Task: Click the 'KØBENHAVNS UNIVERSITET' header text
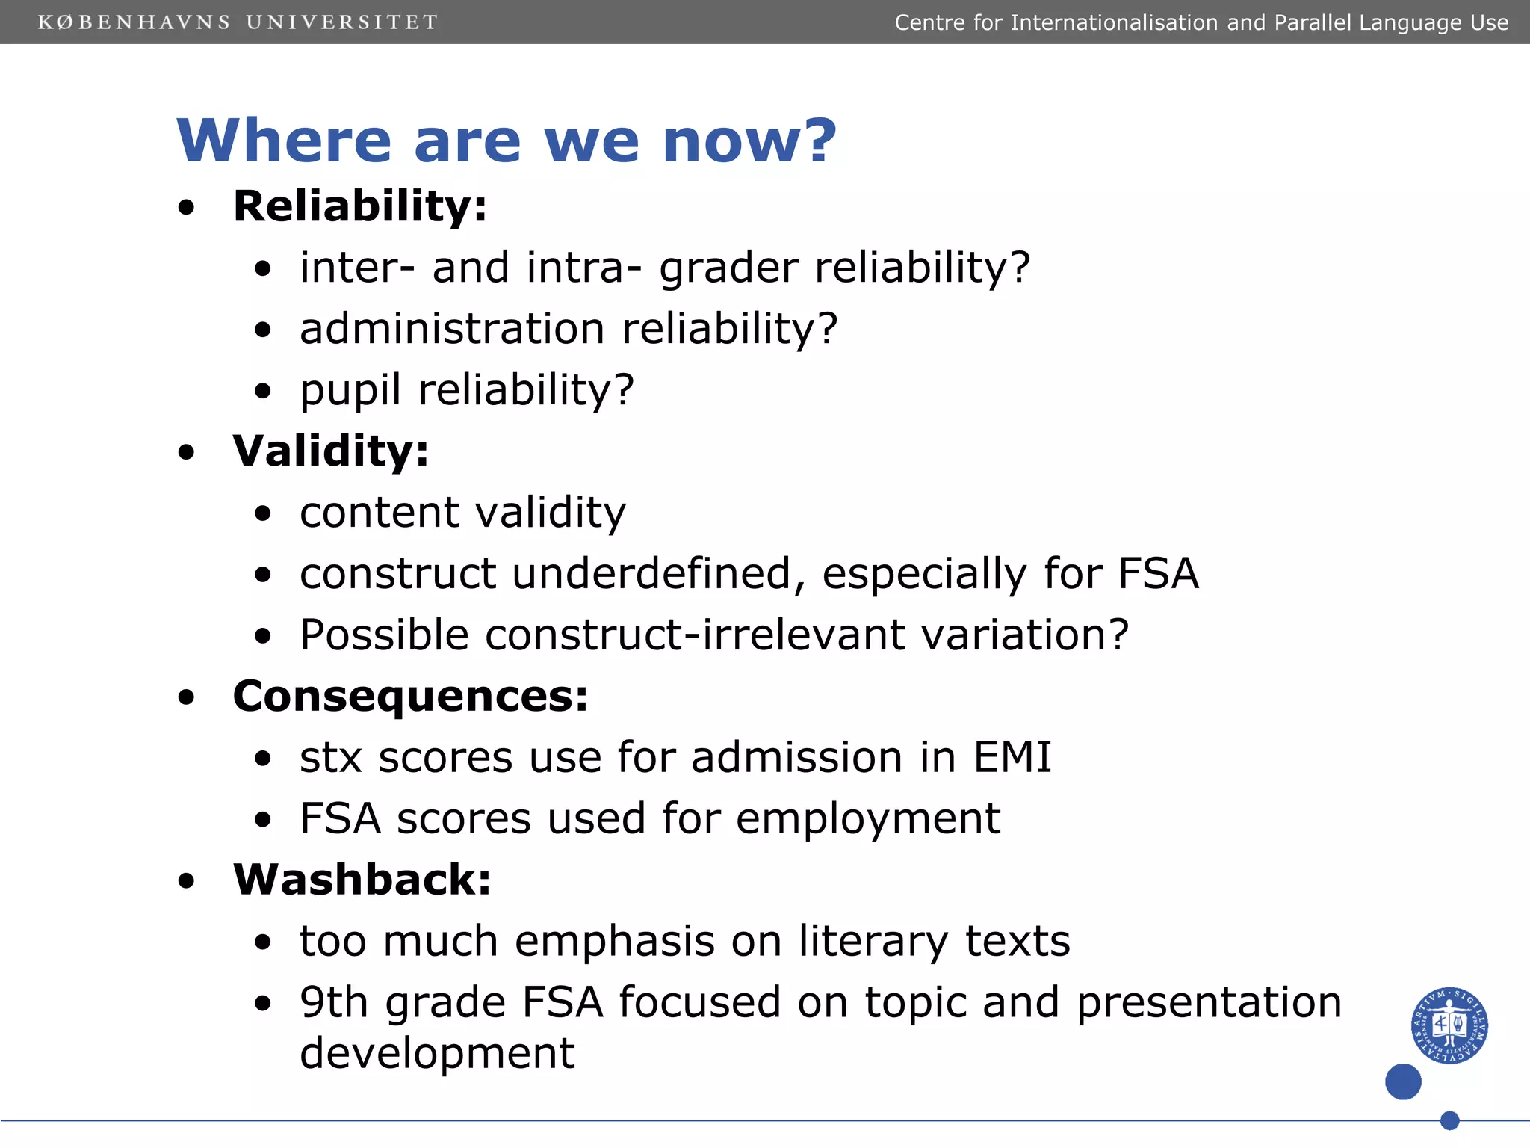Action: point(238,22)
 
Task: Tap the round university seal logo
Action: point(1449,1025)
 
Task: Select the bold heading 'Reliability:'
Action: point(359,206)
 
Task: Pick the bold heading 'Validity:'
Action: point(331,451)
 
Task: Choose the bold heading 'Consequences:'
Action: point(410,697)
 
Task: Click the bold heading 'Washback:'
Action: point(362,880)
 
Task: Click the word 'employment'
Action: point(867,818)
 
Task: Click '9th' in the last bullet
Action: point(334,1002)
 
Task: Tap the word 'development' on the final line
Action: point(437,1054)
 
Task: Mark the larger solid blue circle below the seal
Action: point(1403,1081)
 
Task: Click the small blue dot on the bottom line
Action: point(1449,1120)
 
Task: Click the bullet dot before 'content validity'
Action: point(262,513)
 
